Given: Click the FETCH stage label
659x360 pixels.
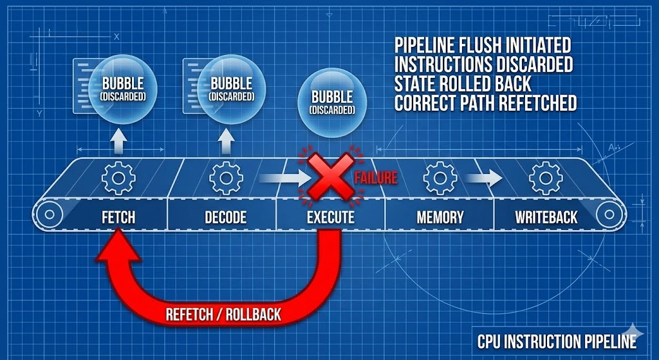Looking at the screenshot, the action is point(118,218).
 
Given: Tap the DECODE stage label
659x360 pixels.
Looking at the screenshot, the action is point(226,218).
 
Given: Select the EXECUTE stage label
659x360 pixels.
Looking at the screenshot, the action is point(331,218).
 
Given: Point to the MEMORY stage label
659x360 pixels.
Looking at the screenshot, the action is point(440,218).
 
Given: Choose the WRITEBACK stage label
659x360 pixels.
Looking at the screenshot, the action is point(546,218).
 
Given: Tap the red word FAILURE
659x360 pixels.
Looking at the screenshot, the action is point(376,178).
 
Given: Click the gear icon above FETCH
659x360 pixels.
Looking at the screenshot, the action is point(118,178).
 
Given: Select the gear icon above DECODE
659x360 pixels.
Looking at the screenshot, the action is point(226,178).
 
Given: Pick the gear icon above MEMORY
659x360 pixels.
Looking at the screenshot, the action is point(440,178).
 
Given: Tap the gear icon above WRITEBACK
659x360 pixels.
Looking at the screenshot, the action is point(546,178).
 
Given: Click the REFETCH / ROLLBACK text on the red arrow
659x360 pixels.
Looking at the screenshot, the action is point(223,314).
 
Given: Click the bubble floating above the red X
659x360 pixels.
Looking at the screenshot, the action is point(332,103).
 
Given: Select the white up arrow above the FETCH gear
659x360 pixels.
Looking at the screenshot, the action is point(119,141).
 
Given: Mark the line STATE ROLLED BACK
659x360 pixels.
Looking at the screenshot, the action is point(463,84).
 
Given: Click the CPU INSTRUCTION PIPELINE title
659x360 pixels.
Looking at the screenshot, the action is point(557,341).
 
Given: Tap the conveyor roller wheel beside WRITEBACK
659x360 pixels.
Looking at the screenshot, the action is point(609,215).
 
